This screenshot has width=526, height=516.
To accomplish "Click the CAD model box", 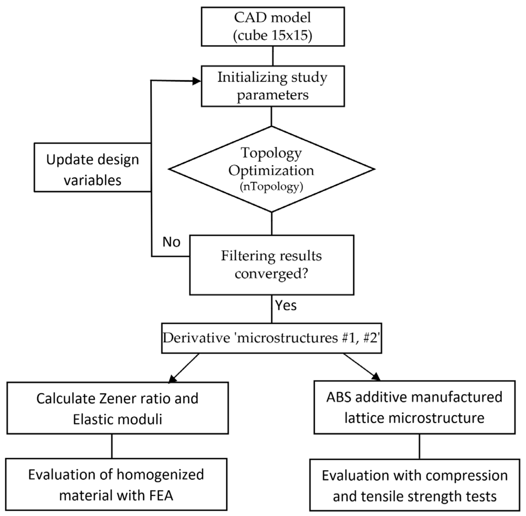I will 273,26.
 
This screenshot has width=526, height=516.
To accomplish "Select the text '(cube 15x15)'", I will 273,35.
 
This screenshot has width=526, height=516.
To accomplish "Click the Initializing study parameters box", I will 273,86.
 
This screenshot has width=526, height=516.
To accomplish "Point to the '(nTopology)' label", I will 271,187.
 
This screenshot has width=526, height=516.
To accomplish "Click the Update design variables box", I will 92,167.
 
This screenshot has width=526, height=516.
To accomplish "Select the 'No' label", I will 171,242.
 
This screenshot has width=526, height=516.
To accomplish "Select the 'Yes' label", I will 286,305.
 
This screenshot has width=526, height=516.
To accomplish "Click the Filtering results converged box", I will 272,265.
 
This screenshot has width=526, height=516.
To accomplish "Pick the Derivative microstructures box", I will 272,338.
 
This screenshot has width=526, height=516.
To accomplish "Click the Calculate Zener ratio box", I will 117,408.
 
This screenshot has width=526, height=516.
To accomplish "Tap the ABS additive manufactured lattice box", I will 414,407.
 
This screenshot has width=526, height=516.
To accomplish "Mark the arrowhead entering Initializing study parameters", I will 196,81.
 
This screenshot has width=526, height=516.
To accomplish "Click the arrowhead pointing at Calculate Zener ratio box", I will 172,379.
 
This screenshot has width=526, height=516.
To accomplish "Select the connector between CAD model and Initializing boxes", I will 273,56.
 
